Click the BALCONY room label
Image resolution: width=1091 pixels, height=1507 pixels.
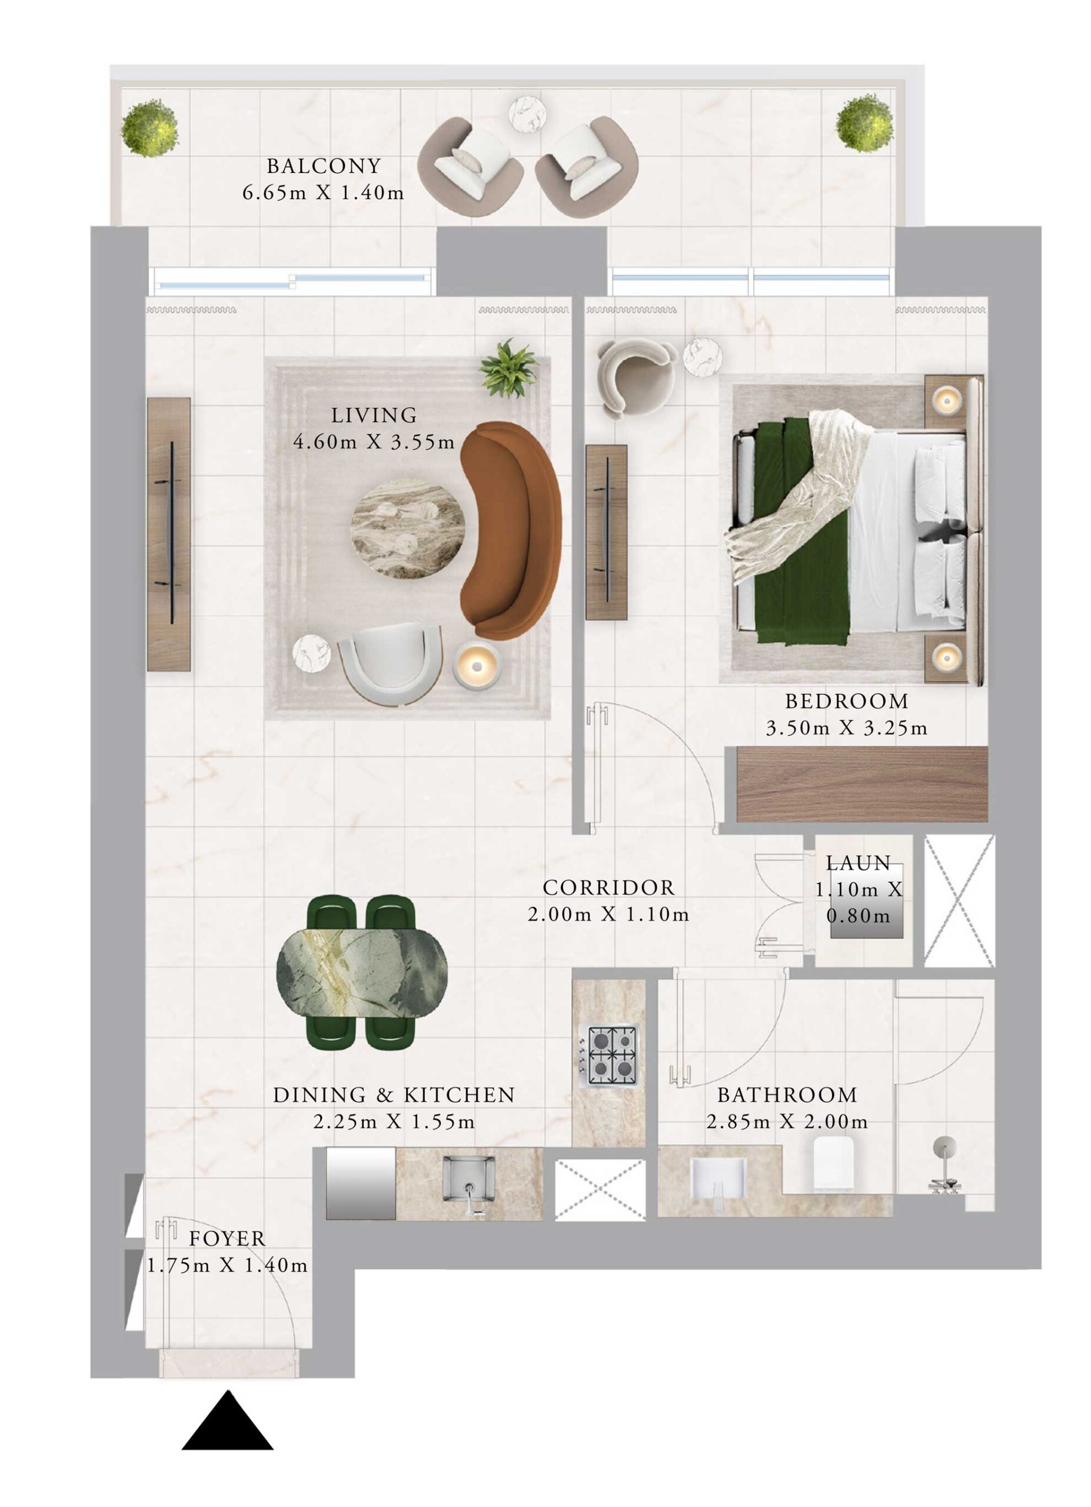(x=324, y=165)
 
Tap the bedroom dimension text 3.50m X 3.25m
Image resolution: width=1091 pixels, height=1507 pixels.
(x=846, y=728)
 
